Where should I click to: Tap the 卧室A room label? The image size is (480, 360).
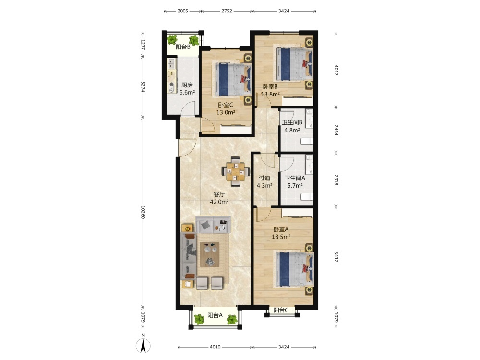click(281, 229)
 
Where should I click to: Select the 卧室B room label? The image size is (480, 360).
click(270, 86)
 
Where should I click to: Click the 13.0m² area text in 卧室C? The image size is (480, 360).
click(226, 112)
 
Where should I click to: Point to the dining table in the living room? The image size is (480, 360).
click(235, 172)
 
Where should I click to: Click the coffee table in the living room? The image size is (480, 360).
click(210, 254)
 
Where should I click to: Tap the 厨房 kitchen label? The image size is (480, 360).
click(187, 85)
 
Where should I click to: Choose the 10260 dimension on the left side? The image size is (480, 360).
click(143, 212)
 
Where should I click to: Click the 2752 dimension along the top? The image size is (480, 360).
click(227, 11)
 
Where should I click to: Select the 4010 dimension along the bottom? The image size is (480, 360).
click(215, 347)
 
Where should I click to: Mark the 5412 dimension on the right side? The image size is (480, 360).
click(336, 257)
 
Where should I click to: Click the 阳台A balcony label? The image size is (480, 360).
click(215, 315)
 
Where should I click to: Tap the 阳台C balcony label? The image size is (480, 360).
click(281, 310)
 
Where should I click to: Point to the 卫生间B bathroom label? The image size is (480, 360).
click(292, 122)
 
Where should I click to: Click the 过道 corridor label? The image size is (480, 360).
click(264, 178)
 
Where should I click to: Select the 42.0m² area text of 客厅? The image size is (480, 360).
click(219, 202)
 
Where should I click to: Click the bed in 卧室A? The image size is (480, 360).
click(294, 269)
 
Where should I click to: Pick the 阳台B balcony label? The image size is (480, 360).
click(183, 47)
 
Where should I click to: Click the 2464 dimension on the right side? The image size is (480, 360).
click(336, 130)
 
